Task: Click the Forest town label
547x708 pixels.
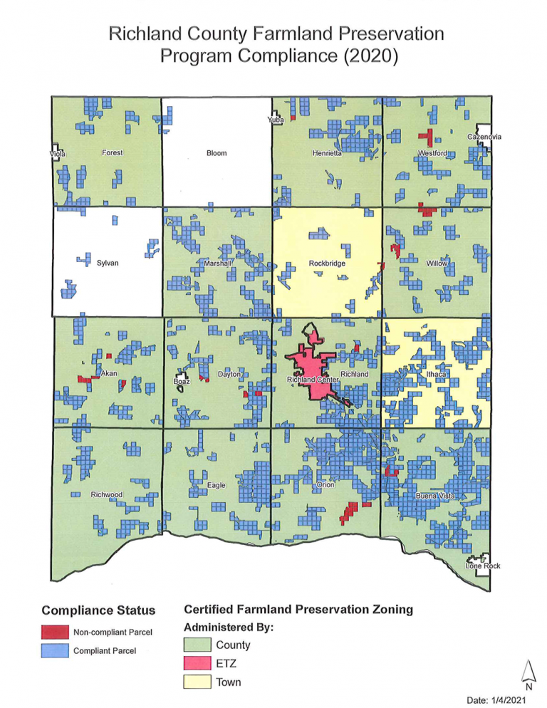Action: click(x=113, y=152)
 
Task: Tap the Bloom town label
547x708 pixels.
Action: click(x=216, y=153)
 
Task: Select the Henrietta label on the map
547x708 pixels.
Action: click(x=327, y=153)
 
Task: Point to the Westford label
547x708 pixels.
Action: click(x=432, y=153)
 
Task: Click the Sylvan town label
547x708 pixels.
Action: click(x=107, y=264)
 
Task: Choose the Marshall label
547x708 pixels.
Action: click(x=218, y=264)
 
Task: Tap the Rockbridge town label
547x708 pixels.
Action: click(x=327, y=264)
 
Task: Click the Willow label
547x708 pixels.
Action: click(x=437, y=264)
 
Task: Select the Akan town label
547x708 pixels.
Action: click(x=108, y=373)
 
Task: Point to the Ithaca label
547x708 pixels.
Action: click(x=435, y=374)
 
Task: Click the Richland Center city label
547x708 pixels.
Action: click(x=312, y=381)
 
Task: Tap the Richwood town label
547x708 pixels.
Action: click(x=106, y=494)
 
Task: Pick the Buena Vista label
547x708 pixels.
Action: click(x=436, y=494)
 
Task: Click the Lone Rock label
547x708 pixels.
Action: click(x=483, y=566)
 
